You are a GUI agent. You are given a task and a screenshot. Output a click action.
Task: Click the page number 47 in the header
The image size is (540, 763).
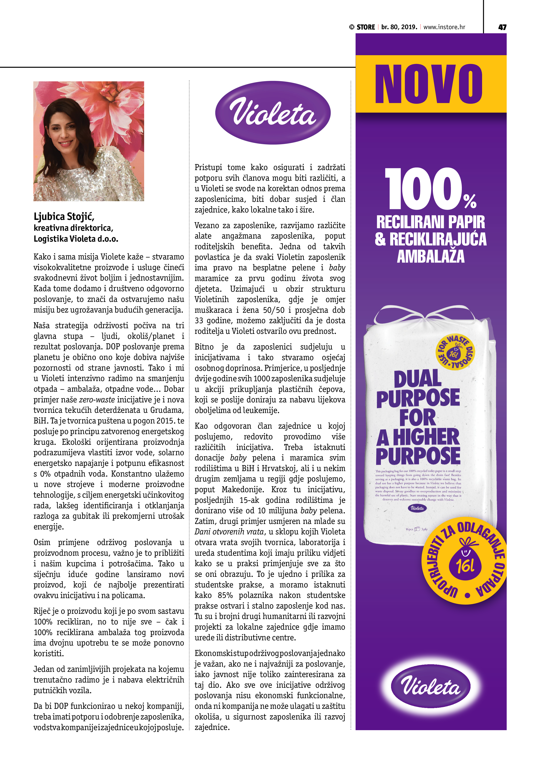(502, 27)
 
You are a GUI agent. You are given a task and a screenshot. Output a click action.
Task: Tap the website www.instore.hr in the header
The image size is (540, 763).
(444, 27)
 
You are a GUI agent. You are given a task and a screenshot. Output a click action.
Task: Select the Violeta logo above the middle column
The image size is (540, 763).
(273, 113)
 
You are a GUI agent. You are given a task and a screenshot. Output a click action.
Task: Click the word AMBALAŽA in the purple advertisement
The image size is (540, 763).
(430, 257)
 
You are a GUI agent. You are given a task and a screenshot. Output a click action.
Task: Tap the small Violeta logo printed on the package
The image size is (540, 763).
(417, 508)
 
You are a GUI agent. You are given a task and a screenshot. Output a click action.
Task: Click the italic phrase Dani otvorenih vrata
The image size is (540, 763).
(229, 532)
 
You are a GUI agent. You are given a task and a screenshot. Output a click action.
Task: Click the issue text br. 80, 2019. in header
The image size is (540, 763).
(399, 27)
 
